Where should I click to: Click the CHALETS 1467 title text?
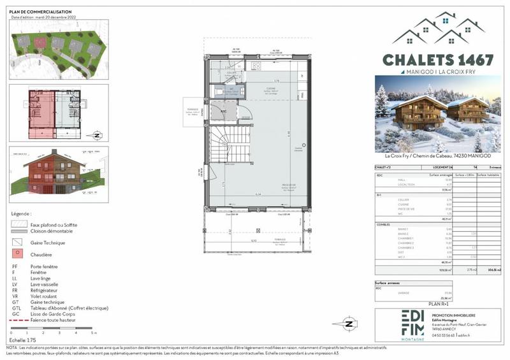tap(437, 60)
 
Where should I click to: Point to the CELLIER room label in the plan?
tap(231, 73)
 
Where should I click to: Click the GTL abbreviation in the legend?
tap(15, 307)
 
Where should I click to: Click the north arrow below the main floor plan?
tap(349, 324)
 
